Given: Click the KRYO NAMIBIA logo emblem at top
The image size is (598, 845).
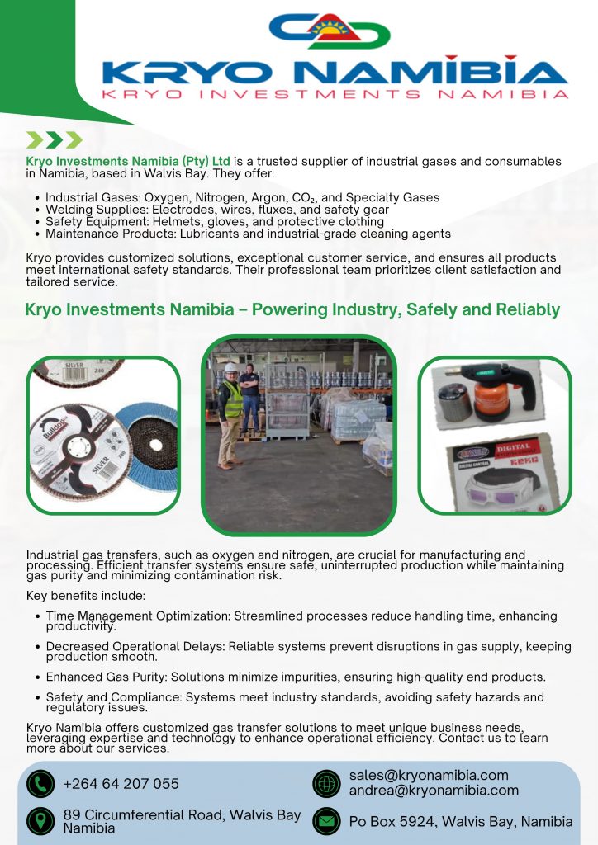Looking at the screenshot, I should coord(330,31).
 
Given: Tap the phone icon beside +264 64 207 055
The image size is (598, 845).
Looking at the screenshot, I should coord(40,783).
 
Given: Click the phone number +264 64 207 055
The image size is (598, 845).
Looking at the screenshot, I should coord(121,783).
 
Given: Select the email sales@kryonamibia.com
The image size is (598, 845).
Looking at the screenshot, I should coord(428,776).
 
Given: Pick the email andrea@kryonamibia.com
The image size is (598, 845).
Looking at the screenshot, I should coord(434,791).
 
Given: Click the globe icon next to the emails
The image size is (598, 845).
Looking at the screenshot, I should coord(326,783).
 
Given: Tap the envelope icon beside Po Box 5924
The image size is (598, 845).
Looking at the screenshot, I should coord(326,821).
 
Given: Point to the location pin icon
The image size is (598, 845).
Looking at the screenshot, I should coord(40,821).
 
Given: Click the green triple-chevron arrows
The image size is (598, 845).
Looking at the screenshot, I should coord(55,139).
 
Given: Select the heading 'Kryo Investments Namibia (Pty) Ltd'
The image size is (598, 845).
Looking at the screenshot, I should coord(128,161).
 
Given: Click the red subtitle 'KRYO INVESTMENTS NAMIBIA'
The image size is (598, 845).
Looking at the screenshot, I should coord(335,94).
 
